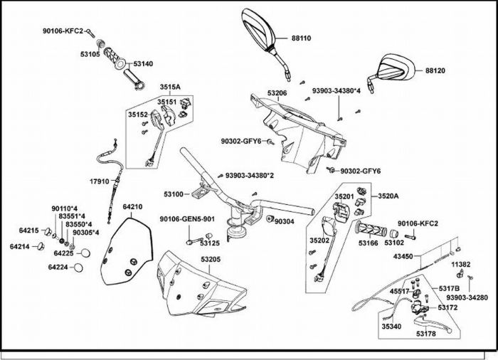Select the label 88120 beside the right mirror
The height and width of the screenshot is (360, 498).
pos(435,71)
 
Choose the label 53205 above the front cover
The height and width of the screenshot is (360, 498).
pos(208,260)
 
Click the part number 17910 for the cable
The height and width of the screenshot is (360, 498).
pos(100,181)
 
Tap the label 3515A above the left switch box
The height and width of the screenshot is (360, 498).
pos(169,87)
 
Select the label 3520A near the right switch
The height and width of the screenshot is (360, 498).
pos(388,196)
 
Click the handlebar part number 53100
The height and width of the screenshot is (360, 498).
pos(174,194)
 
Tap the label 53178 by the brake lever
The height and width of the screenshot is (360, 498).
pos(426,334)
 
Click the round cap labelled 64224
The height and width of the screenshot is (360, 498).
pos(80,268)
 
